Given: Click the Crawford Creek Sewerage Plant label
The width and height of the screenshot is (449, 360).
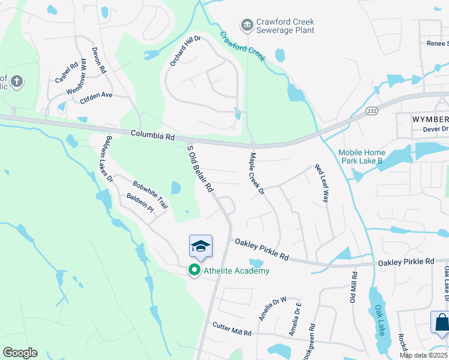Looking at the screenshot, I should coord(285,26).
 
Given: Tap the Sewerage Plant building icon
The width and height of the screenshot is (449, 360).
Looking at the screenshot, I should coord(246,26).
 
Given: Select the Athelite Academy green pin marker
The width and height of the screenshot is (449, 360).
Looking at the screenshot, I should coord(194,271).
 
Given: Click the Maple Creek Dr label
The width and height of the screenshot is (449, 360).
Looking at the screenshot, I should coord(257,173).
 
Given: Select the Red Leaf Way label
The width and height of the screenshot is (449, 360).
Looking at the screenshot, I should coord(322,182).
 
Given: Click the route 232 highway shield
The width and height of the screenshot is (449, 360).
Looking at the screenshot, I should coord(372,111).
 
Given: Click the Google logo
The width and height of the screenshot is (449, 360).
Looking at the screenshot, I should coord(20,352).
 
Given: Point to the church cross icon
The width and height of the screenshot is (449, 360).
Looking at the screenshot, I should coord(17,80).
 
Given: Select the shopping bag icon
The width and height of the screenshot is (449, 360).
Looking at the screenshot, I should coord(441,323).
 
